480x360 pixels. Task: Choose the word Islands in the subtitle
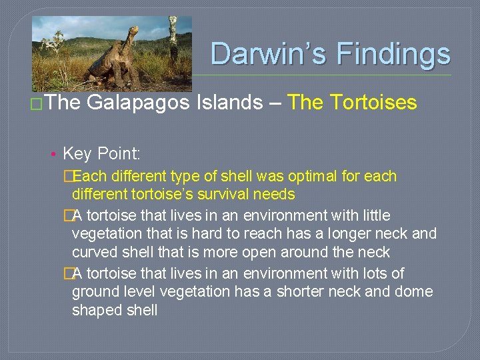226,103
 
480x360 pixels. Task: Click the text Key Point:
101,155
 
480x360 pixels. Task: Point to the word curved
94,253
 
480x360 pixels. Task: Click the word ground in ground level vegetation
93,292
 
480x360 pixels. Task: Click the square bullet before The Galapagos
38,104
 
